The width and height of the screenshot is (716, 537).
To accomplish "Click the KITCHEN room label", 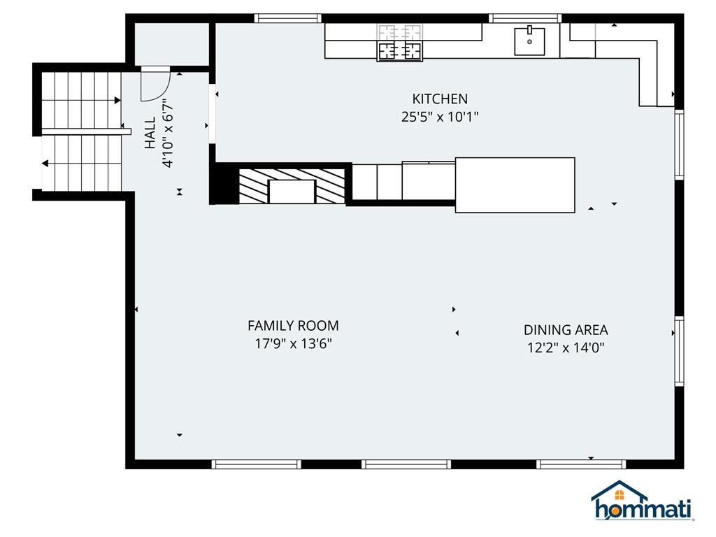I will [x=439, y=99].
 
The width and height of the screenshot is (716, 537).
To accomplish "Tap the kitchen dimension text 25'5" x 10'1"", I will [x=439, y=117].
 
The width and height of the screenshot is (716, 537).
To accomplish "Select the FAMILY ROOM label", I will [x=293, y=325].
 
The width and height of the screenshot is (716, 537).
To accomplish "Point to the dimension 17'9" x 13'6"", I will [x=293, y=343].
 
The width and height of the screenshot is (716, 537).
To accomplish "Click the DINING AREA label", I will [x=566, y=330].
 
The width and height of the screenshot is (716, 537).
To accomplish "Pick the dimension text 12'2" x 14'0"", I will [x=566, y=348].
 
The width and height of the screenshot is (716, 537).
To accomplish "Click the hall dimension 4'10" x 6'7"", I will [x=167, y=134].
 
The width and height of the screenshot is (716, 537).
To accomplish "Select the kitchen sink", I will [x=529, y=41].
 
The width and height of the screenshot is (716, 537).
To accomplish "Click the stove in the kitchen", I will [x=400, y=43].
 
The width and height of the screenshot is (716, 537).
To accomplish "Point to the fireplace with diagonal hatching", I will [x=292, y=186].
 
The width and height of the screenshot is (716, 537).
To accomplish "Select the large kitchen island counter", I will [x=515, y=185].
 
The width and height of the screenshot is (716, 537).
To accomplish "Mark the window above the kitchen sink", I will [x=524, y=18].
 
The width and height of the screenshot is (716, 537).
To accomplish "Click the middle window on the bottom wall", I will [x=406, y=464].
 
